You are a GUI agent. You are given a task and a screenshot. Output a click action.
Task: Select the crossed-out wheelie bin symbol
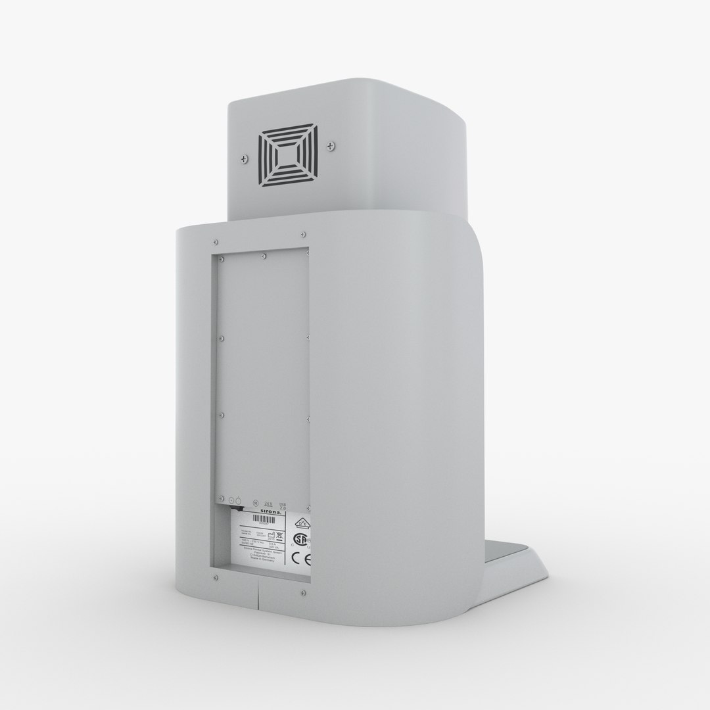point(279,535)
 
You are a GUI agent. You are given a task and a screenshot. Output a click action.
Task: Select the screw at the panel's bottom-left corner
point(216,578)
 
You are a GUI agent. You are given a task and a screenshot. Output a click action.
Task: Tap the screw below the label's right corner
point(302,594)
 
